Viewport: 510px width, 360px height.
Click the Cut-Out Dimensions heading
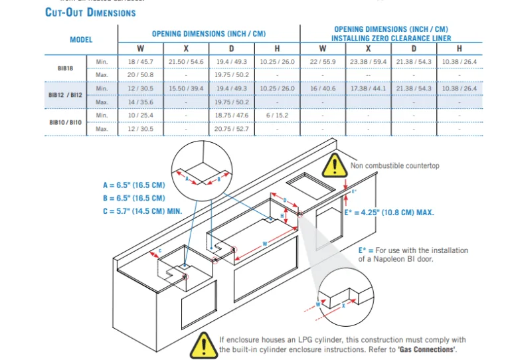click(90, 13)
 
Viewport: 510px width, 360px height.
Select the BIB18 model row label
click(65, 68)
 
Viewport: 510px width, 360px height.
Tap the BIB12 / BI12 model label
click(65, 95)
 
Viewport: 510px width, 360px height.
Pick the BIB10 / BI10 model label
click(65, 122)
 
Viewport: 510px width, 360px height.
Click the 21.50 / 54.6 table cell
click(186, 62)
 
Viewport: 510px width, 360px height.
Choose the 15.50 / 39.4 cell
click(186, 88)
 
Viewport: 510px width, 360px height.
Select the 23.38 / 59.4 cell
click(368, 62)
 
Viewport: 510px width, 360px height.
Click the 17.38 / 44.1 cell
click(368, 88)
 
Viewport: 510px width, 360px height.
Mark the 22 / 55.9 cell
click(323, 62)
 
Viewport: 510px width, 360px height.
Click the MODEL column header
click(81, 40)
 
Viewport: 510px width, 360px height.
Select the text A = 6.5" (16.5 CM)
click(129, 185)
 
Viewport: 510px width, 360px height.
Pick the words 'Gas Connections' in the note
click(426, 349)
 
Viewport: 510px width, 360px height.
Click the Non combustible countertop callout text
click(394, 166)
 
